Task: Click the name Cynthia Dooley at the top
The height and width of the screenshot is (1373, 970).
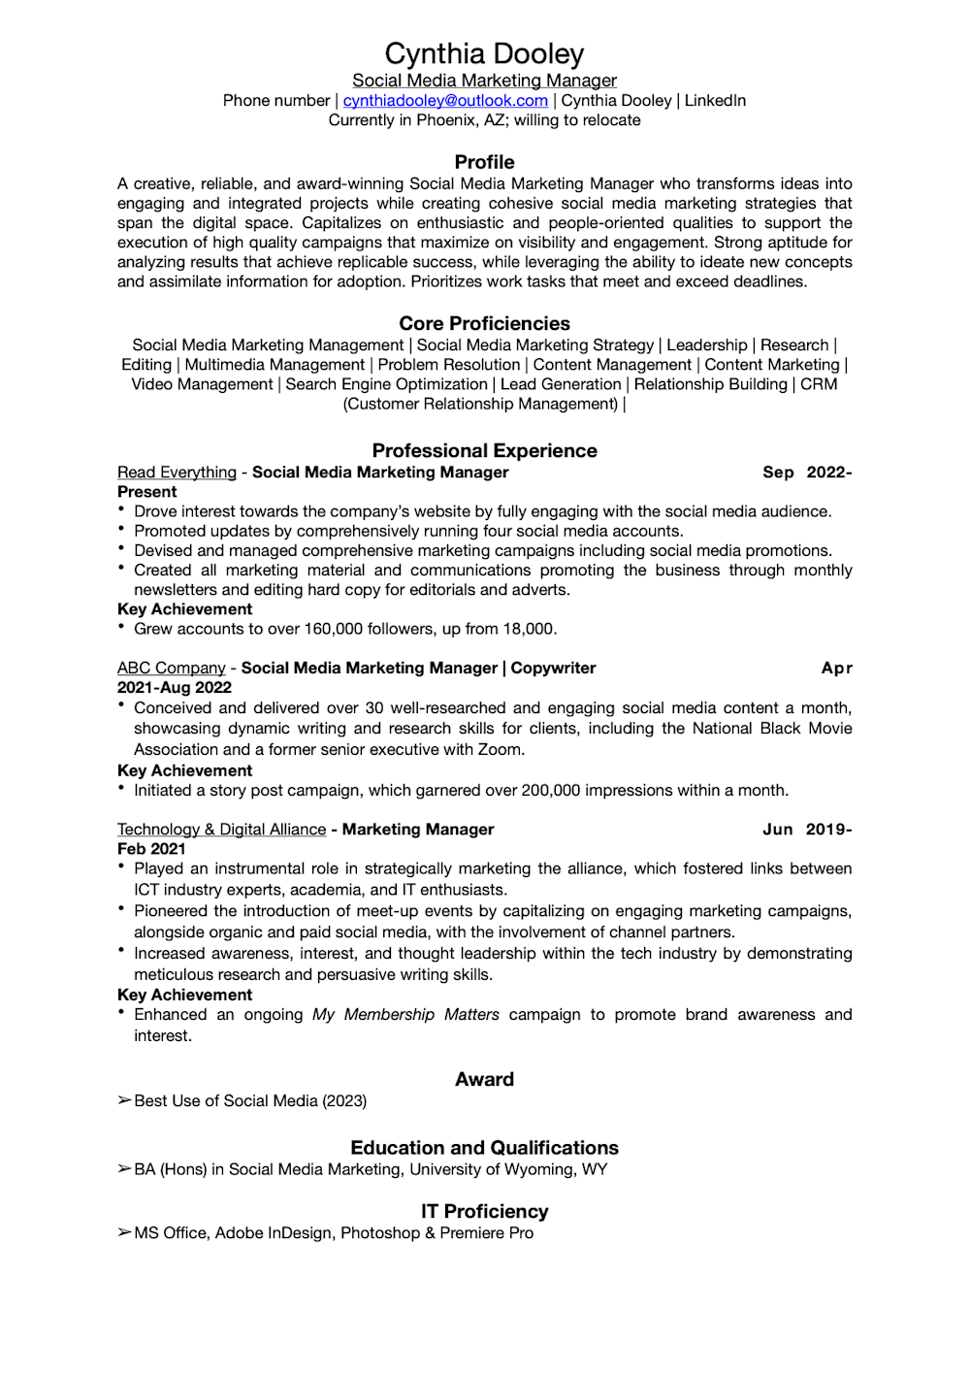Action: point(484,53)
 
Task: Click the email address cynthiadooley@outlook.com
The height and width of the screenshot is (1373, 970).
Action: point(445,101)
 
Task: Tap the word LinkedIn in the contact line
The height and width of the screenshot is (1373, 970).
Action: point(715,101)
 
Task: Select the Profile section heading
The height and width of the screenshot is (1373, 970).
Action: point(484,162)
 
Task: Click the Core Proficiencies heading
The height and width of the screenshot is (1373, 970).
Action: point(484,323)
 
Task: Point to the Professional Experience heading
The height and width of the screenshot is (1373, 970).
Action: point(484,450)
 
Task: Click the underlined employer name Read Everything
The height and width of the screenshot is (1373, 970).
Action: point(177,473)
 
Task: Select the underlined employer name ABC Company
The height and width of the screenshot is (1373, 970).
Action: point(171,669)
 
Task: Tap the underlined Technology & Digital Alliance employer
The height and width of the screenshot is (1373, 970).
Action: point(221,830)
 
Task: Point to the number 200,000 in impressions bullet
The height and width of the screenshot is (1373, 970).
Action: point(551,791)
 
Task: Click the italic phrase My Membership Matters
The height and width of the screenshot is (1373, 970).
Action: point(405,1015)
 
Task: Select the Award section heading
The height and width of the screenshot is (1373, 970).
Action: point(484,1079)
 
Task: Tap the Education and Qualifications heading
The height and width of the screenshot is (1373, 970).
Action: point(484,1148)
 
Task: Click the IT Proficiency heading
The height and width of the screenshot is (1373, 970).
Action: point(484,1211)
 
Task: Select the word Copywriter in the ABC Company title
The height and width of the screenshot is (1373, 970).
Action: point(553,669)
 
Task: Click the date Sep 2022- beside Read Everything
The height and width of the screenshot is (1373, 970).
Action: point(807,473)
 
